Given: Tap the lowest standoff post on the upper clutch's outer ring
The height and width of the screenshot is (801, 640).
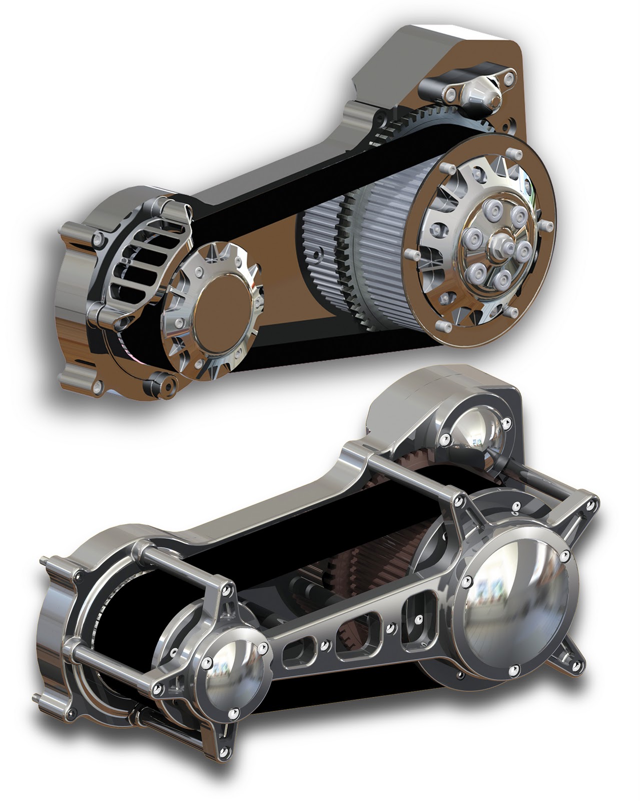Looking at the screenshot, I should (x=440, y=326).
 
